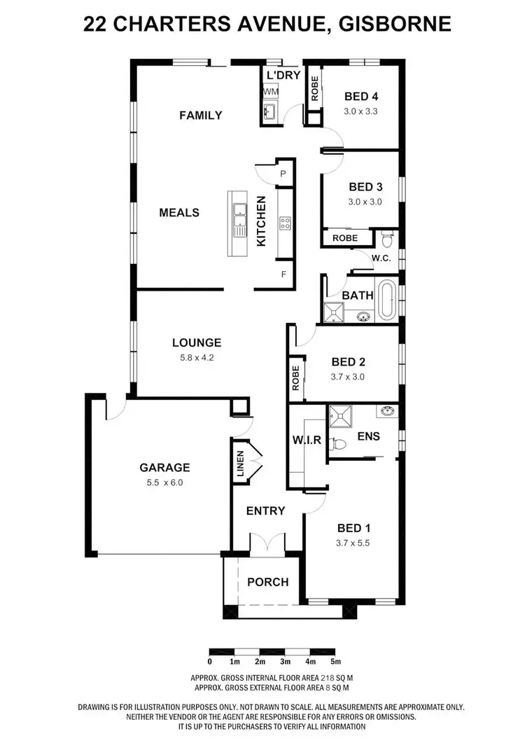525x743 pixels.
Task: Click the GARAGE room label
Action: pyautogui.click(x=164, y=467)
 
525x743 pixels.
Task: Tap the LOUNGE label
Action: pyautogui.click(x=197, y=342)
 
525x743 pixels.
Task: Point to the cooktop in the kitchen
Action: pyautogui.click(x=285, y=224)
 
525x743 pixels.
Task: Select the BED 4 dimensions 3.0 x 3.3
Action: pyautogui.click(x=360, y=111)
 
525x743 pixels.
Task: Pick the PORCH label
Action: pyautogui.click(x=267, y=581)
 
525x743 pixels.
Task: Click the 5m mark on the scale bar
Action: pyautogui.click(x=335, y=661)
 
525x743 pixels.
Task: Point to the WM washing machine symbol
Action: pyautogui.click(x=269, y=92)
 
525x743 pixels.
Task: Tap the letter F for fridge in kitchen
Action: pyautogui.click(x=283, y=274)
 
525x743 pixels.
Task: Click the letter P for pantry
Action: pyautogui.click(x=283, y=173)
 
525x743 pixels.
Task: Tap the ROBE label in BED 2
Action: pyautogui.click(x=295, y=378)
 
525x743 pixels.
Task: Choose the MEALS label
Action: pyautogui.click(x=179, y=212)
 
